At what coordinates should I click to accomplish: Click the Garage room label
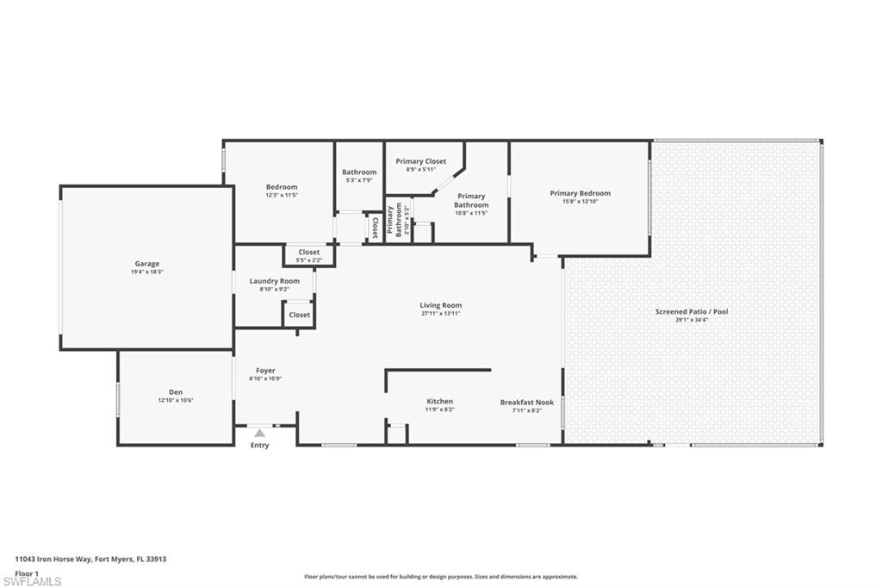pos(146,264)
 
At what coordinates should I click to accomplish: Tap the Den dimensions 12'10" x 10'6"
pos(176,400)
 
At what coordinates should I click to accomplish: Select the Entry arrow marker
pos(259,433)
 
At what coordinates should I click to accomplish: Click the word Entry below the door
pos(259,446)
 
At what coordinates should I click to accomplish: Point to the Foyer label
pos(265,371)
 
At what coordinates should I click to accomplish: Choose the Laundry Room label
pos(275,281)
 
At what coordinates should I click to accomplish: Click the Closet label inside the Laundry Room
pos(300,315)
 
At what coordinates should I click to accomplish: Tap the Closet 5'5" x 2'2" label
pos(308,255)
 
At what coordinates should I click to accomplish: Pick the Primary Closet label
pos(421,161)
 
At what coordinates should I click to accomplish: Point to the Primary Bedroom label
pos(580,193)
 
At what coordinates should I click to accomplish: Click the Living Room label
pos(441,305)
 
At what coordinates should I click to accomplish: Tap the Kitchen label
pos(439,402)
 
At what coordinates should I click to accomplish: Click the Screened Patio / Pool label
pos(692,311)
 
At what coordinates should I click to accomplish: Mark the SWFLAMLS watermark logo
pos(31,581)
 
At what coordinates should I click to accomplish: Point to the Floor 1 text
pos(28,572)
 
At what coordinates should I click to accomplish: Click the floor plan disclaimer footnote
pos(441,577)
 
